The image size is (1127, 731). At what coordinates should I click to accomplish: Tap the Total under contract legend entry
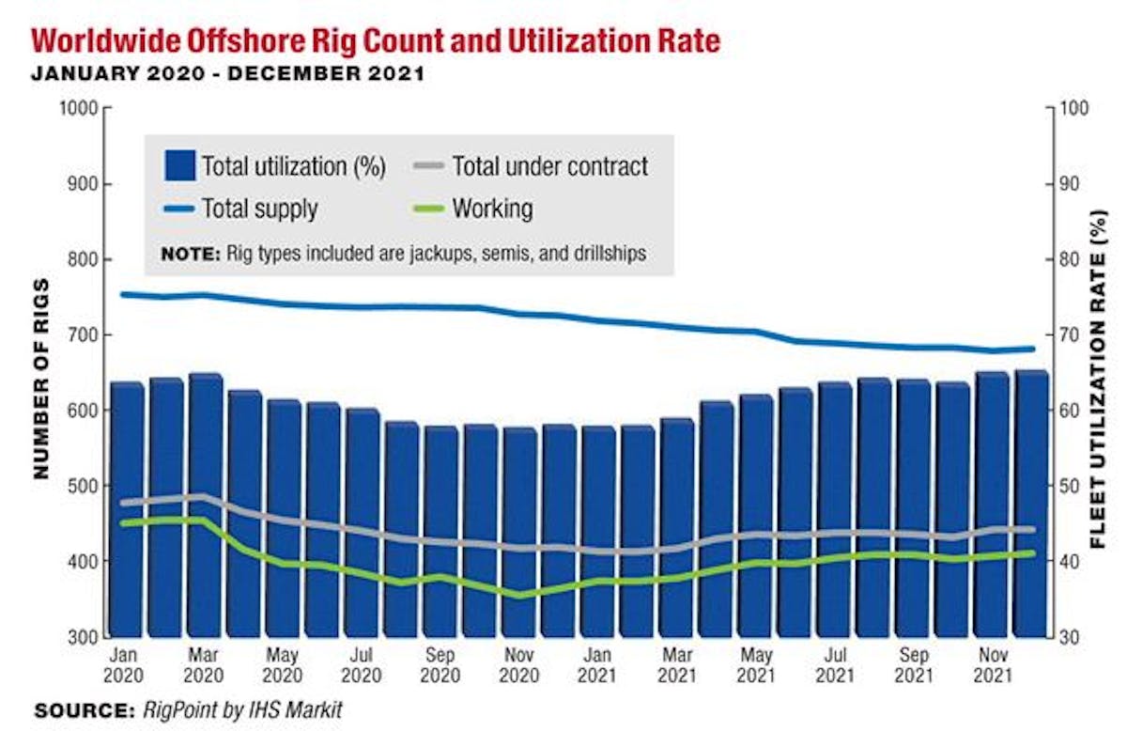click(549, 167)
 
